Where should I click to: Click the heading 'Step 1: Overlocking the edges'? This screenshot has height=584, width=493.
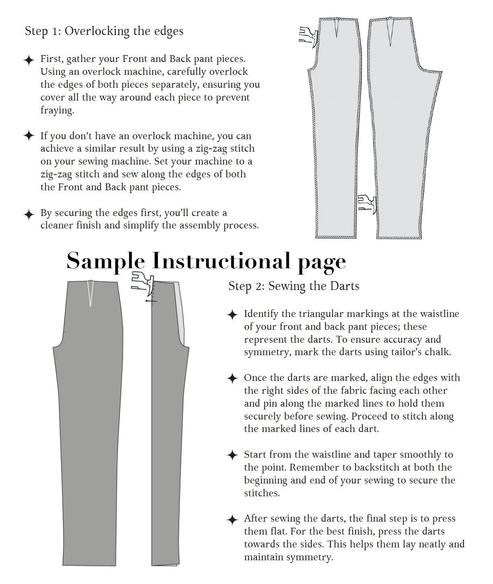104,31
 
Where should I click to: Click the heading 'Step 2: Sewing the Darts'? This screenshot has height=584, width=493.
294,286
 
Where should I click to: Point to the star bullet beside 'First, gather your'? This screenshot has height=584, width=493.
29,60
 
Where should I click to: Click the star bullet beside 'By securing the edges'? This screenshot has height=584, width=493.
29,214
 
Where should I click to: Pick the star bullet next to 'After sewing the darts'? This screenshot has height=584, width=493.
232,520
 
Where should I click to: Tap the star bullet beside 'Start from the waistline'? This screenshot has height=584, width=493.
232,455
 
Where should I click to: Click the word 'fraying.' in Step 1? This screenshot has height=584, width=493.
57,110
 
